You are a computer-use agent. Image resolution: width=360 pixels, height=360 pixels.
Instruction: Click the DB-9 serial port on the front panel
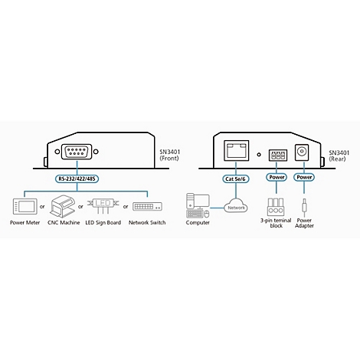click(77, 152)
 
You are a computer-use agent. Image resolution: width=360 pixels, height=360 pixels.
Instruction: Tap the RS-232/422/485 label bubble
click(77, 178)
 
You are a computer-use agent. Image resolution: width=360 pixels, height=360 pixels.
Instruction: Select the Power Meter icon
click(25, 206)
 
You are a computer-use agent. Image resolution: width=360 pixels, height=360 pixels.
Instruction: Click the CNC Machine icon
click(63, 206)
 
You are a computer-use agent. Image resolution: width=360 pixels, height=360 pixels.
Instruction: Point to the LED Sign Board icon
click(103, 205)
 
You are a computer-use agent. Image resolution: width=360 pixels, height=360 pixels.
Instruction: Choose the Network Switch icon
click(147, 206)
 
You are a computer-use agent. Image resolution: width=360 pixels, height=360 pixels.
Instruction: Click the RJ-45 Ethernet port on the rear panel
click(236, 150)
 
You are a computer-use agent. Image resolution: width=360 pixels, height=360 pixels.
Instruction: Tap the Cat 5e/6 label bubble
click(235, 179)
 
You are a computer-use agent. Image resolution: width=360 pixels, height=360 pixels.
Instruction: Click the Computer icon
click(198, 205)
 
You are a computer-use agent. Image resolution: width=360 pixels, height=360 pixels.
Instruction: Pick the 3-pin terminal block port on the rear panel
click(278, 155)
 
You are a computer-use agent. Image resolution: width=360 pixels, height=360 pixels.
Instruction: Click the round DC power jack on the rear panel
click(302, 152)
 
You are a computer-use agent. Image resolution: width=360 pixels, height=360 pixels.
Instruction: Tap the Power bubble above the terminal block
click(277, 177)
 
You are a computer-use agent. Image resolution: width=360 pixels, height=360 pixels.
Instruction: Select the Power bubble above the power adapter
click(304, 177)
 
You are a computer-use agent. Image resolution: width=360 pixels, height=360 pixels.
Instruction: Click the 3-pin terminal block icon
click(275, 207)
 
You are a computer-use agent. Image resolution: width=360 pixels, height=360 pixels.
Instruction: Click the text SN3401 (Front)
click(170, 155)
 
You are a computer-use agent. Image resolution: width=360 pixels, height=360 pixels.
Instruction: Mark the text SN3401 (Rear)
click(339, 155)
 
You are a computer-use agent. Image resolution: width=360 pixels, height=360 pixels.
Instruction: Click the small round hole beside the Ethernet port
click(259, 155)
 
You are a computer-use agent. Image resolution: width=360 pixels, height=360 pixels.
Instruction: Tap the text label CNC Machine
click(64, 223)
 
